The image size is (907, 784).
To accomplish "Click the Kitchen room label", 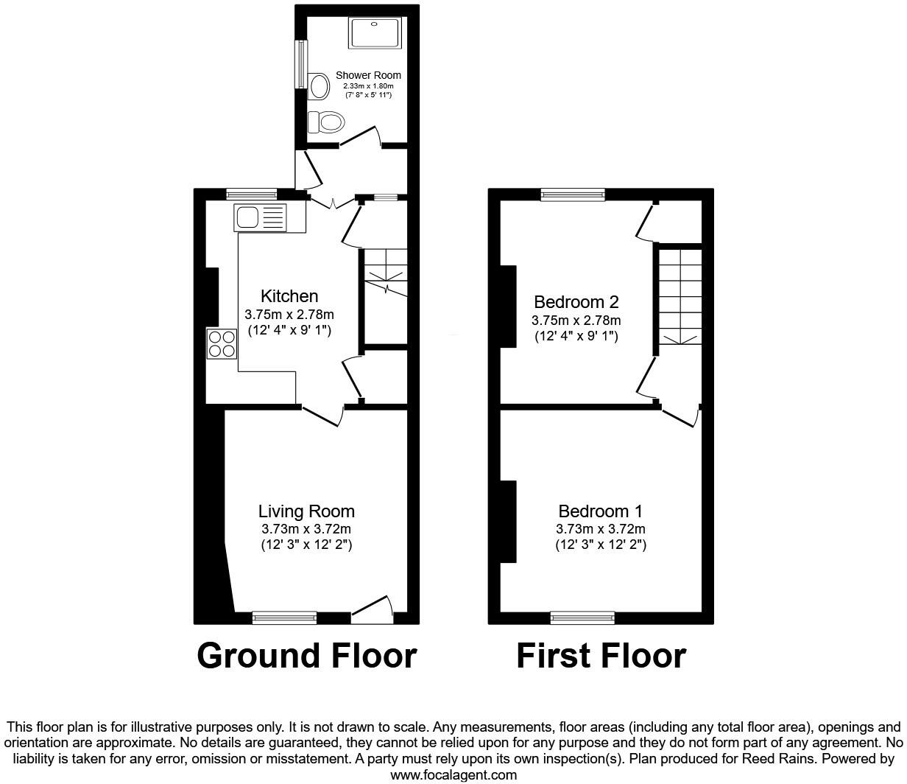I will pyautogui.click(x=290, y=296).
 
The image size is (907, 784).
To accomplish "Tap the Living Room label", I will pyautogui.click(x=306, y=511).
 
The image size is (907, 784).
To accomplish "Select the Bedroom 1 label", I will pyautogui.click(x=601, y=511).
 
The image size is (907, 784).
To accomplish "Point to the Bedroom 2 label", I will pyautogui.click(x=576, y=302).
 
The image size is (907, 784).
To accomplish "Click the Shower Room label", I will pyautogui.click(x=368, y=75).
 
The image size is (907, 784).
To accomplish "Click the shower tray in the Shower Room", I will pyautogui.click(x=375, y=33).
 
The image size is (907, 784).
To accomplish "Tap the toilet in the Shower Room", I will pyautogui.click(x=326, y=121).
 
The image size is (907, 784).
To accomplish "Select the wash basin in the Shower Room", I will pyautogui.click(x=319, y=86).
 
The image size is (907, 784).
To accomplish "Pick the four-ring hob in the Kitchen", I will pyautogui.click(x=222, y=344).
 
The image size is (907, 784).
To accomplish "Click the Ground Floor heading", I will pyautogui.click(x=307, y=656).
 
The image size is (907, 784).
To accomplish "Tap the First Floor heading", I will pyautogui.click(x=601, y=656).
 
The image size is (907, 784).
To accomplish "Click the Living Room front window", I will pyautogui.click(x=284, y=617).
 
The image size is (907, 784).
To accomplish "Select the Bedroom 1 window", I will pyautogui.click(x=582, y=617).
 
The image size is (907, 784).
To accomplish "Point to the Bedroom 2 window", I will pyautogui.click(x=573, y=195).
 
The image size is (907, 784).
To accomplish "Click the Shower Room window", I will pyautogui.click(x=301, y=64).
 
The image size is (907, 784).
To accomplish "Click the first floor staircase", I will pyautogui.click(x=678, y=295).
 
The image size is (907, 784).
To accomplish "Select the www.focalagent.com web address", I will pyautogui.click(x=453, y=774).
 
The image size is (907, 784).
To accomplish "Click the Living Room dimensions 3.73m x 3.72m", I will pyautogui.click(x=306, y=529).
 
